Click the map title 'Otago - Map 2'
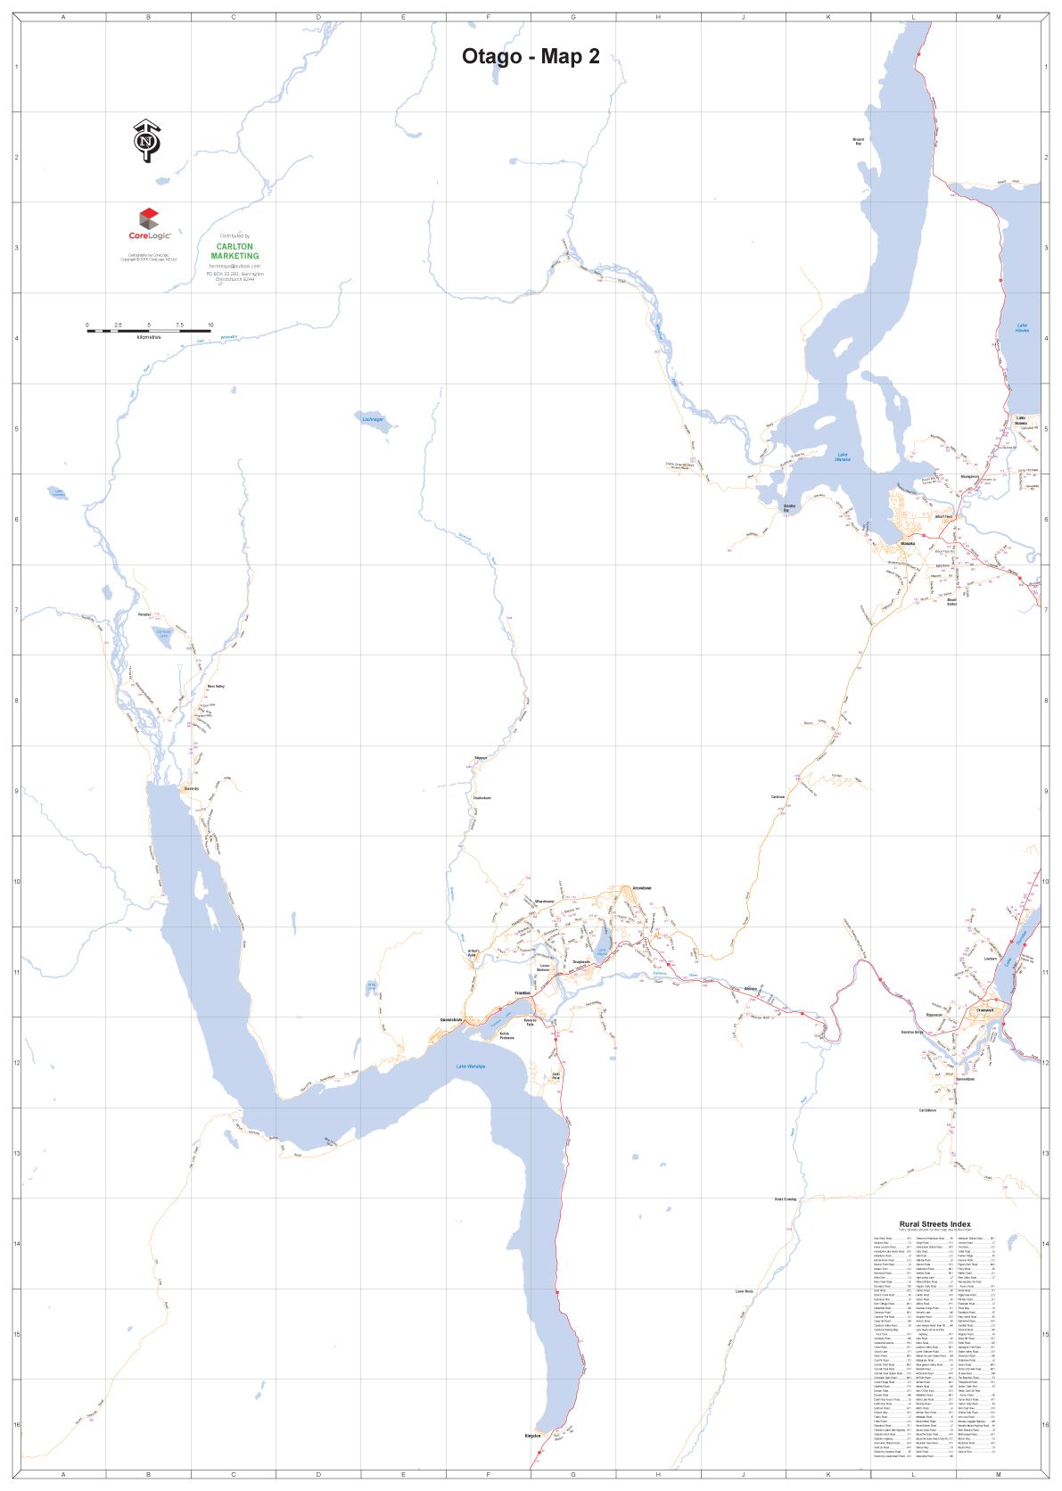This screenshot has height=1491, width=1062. point(530,56)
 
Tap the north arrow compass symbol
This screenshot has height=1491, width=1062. point(147,141)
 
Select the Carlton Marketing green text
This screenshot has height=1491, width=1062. point(235,251)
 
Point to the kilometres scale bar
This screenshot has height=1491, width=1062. point(148,330)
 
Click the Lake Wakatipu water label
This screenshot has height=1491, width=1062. point(470,1067)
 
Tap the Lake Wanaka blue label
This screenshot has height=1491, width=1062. point(843,457)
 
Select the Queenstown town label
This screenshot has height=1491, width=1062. point(452,1020)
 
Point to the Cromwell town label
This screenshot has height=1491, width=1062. point(985,1010)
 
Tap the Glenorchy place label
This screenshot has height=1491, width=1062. point(191,788)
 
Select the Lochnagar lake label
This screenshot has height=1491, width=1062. point(372,419)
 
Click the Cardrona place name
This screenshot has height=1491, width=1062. point(778,797)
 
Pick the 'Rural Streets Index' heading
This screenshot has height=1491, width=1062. point(934,1224)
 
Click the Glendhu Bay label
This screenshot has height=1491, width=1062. point(789,507)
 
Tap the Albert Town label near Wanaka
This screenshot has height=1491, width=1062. point(943,516)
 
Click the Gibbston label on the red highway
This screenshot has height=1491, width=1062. point(751,989)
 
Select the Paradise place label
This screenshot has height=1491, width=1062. point(144,614)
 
